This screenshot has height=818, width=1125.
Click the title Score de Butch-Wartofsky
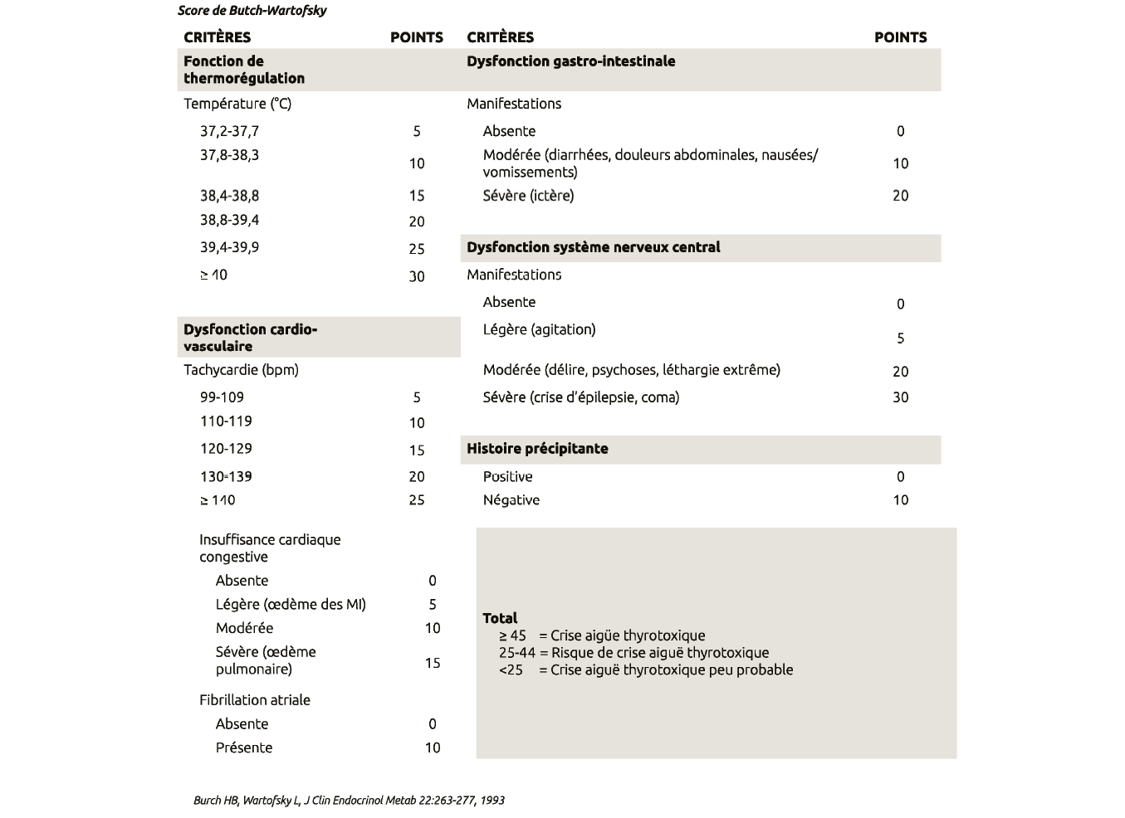tap(252, 11)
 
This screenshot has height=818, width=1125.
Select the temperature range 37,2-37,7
tap(229, 131)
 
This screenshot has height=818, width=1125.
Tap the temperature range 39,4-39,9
tap(229, 247)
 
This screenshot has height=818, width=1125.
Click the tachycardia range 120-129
tap(226, 449)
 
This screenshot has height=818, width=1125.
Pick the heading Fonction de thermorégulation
tap(243, 70)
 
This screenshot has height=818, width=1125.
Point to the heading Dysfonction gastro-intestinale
tap(570, 61)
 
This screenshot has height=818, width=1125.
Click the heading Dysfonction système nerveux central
tap(593, 247)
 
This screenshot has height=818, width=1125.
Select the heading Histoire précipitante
tap(537, 449)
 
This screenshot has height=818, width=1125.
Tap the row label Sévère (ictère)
tap(528, 196)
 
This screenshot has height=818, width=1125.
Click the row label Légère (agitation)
tap(539, 329)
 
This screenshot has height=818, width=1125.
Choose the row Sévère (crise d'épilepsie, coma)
tap(580, 397)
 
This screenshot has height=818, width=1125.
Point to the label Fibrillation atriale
tap(254, 700)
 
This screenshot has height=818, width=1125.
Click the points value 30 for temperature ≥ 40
tap(417, 276)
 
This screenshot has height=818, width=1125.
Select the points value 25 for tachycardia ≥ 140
tap(417, 500)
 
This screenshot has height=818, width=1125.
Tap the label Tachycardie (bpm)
tap(241, 370)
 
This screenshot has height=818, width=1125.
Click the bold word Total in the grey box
tap(500, 618)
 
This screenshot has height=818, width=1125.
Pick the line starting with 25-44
tap(633, 653)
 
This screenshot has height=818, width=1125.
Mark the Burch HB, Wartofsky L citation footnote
tap(349, 801)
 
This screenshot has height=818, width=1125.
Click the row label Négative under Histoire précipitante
tap(511, 500)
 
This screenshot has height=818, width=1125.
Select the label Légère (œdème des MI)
tap(291, 605)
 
